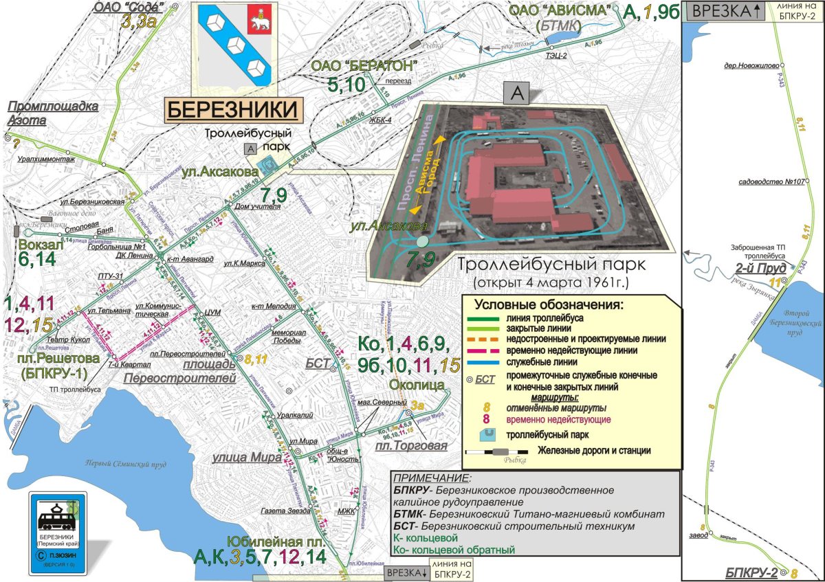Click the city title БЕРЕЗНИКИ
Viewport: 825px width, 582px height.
(233, 110)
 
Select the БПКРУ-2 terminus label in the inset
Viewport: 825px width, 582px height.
(758, 572)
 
